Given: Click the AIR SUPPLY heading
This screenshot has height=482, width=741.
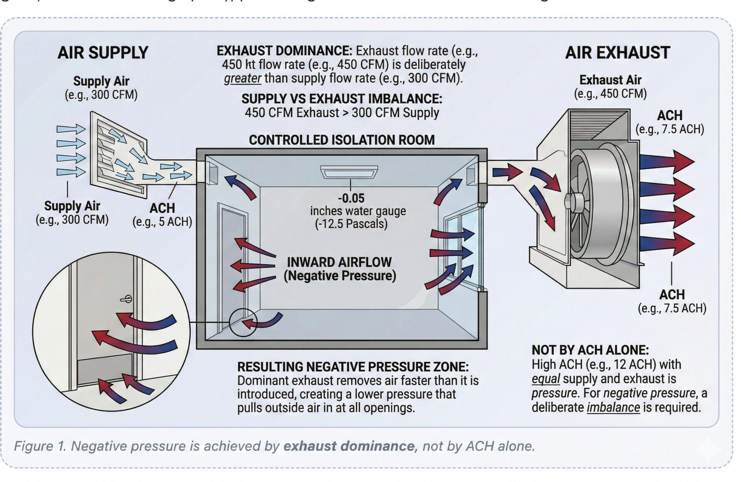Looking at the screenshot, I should click(x=103, y=53).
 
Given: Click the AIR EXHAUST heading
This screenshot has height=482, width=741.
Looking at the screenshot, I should click(x=617, y=53).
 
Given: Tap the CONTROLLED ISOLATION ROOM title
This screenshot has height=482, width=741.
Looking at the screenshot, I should click(x=342, y=140).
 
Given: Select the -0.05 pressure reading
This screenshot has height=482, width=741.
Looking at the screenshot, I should click(x=351, y=198).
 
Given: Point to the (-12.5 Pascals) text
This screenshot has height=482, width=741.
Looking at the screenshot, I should click(x=351, y=224).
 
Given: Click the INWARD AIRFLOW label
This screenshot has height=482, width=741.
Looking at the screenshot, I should click(x=339, y=262).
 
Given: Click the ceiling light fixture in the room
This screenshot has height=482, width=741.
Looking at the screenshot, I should click(x=349, y=172).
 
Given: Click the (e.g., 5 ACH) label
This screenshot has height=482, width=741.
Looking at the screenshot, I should click(x=162, y=222).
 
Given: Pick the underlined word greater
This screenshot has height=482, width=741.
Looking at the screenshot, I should click(x=242, y=78).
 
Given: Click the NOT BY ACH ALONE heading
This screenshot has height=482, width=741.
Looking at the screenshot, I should click(x=590, y=350).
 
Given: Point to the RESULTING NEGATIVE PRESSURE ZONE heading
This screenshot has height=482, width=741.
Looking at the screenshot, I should click(x=353, y=367).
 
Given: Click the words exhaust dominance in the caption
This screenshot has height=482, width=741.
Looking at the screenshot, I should click(x=349, y=446).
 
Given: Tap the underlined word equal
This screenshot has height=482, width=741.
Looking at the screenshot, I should click(x=545, y=379).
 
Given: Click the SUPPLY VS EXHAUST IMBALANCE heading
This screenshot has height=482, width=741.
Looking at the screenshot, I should click(x=342, y=99).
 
